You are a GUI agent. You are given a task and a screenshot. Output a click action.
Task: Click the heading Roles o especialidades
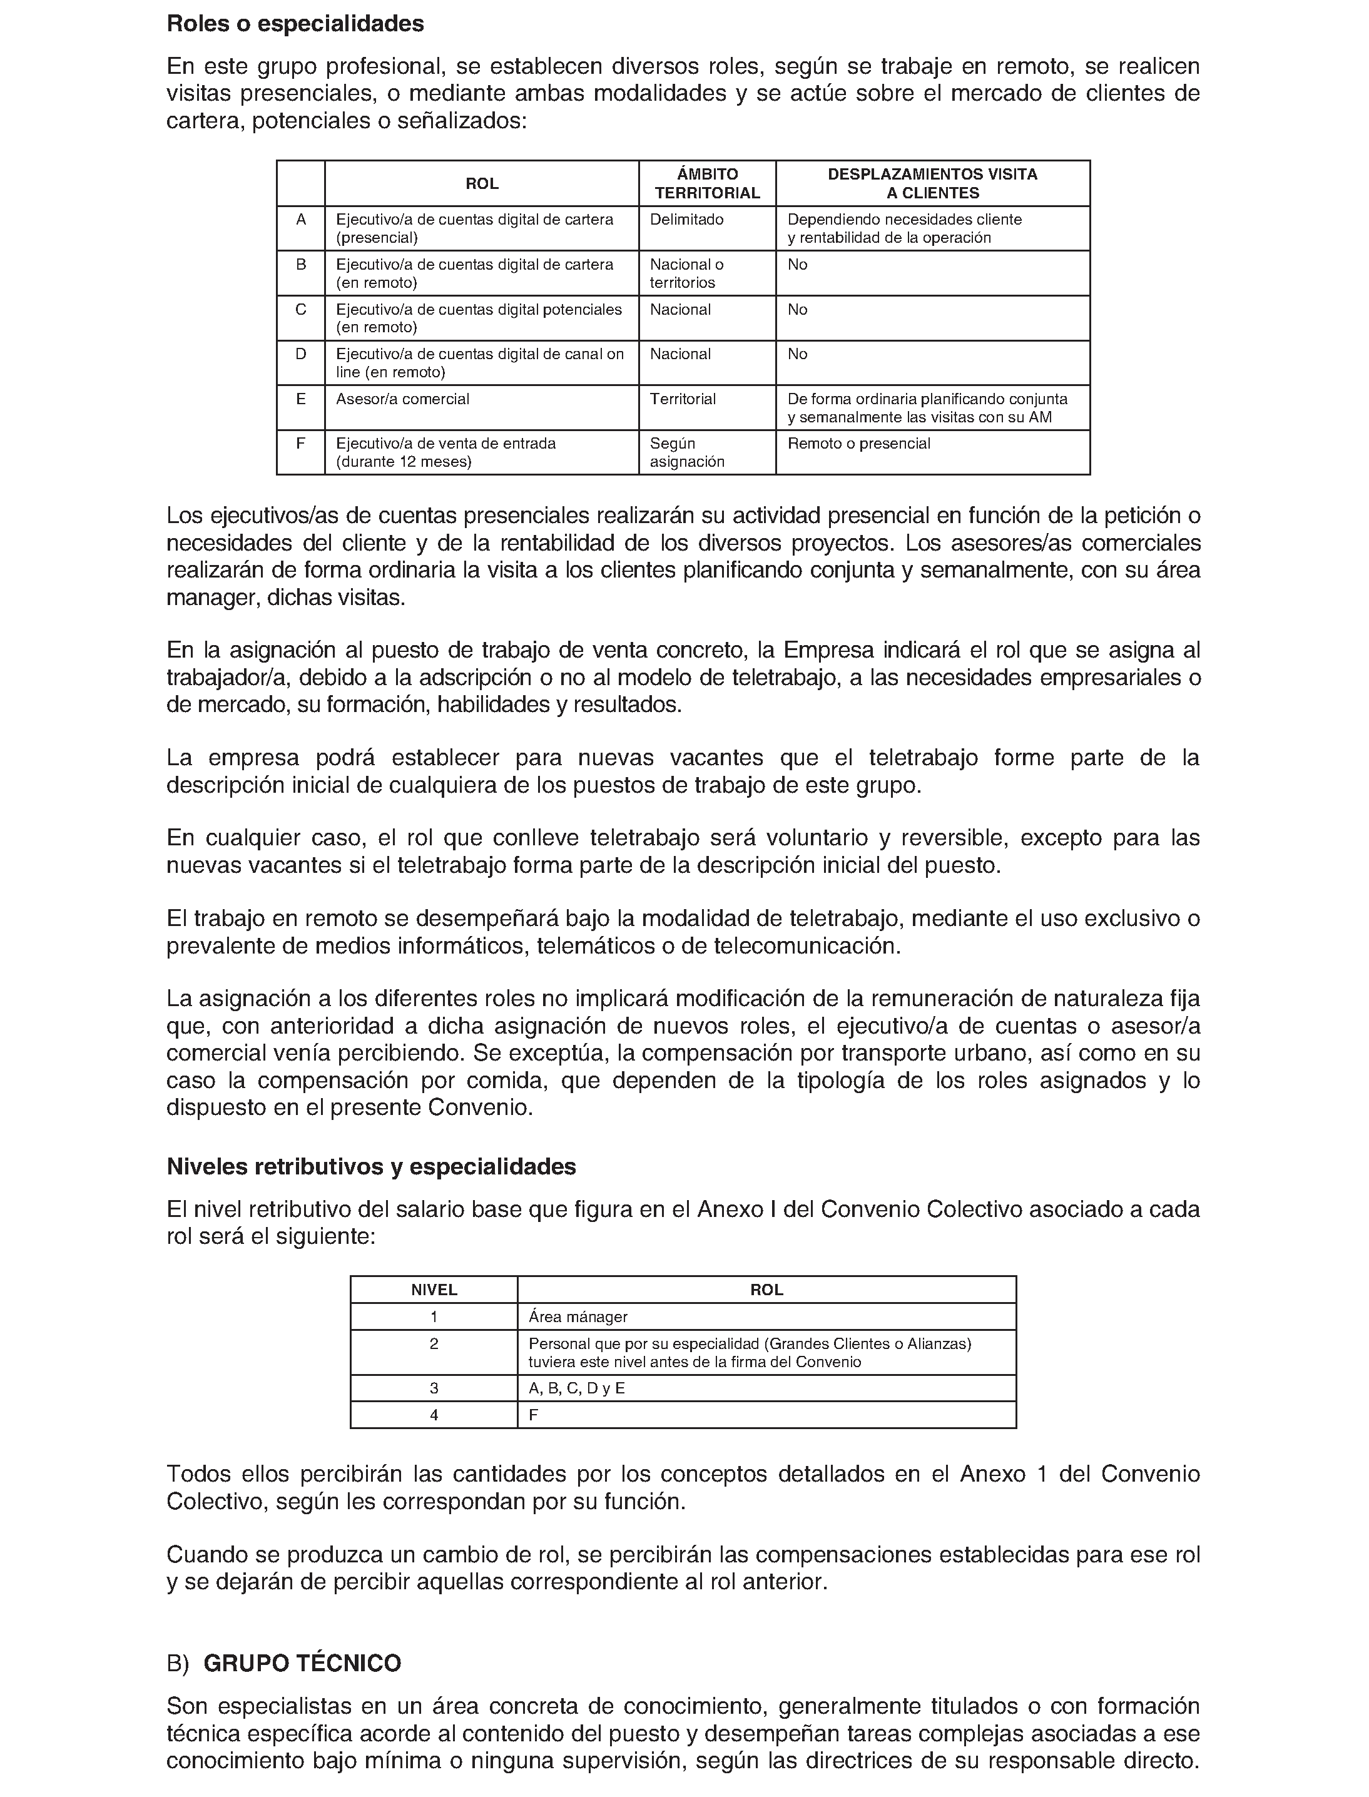pos(295,24)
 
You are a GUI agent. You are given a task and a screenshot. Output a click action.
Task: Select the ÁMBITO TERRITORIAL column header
pos(706,183)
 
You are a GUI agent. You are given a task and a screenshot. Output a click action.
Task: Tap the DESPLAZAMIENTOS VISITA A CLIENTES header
pos(932,183)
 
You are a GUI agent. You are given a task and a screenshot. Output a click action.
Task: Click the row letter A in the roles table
pos(301,219)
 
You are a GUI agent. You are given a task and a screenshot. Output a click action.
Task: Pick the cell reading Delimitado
pos(686,219)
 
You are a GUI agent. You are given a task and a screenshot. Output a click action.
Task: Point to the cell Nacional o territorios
pos(686,273)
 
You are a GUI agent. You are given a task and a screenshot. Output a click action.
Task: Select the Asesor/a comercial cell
pos(402,399)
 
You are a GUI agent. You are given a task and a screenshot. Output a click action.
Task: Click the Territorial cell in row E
pos(683,399)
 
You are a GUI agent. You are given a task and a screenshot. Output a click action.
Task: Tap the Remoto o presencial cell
pos(858,444)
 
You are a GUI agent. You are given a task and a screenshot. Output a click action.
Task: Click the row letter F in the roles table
pos(301,444)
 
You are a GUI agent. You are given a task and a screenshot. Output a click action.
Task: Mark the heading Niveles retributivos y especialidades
pos(371,1166)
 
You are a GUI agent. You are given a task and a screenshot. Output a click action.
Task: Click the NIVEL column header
pos(434,1290)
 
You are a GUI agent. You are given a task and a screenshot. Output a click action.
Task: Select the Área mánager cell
pos(578,1317)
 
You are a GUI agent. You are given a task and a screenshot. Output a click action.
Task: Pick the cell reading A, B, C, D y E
pos(576,1388)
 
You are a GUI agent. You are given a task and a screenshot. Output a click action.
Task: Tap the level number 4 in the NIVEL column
pos(434,1415)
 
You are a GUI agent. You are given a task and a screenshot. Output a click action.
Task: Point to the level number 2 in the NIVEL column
pos(434,1344)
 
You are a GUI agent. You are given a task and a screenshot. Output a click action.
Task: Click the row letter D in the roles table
pos(301,354)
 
